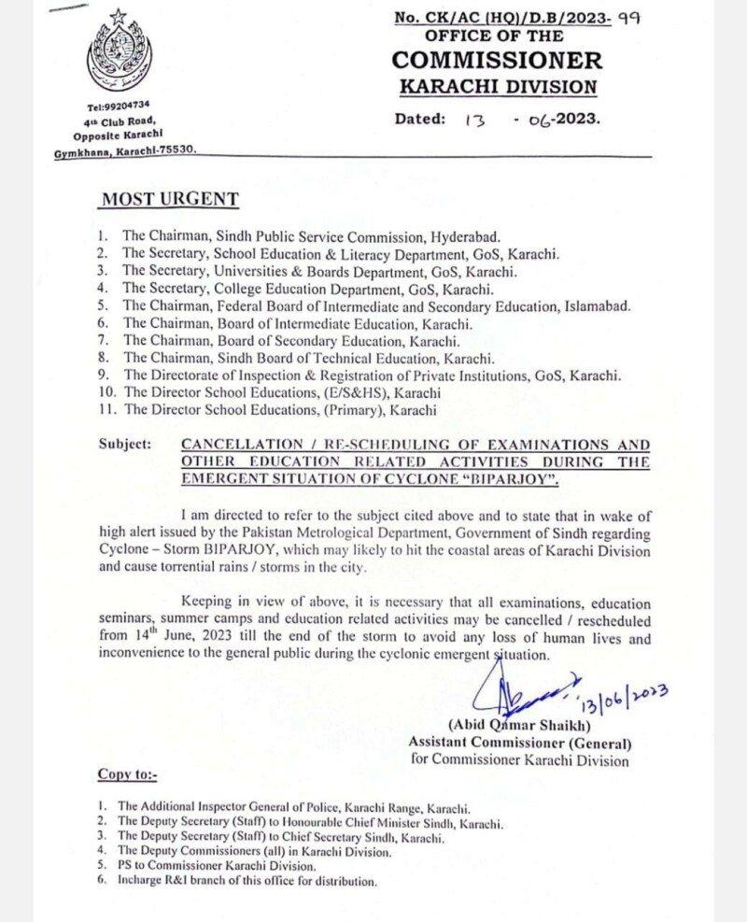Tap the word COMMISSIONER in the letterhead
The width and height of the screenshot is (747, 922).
(x=497, y=60)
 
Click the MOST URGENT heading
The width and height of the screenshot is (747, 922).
(x=169, y=199)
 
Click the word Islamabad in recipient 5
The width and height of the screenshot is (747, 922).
(x=597, y=305)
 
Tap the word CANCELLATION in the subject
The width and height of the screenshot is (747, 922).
(x=219, y=445)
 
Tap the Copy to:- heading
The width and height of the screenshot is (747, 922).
(x=128, y=774)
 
